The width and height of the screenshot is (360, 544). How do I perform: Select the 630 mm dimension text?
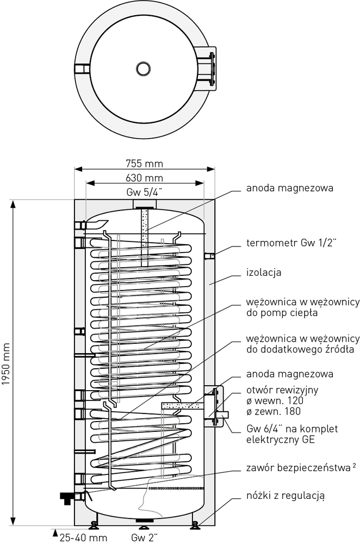pos(145,178)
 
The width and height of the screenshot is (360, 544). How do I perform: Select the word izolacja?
pos(263,272)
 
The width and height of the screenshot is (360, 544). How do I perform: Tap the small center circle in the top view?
pos(143,69)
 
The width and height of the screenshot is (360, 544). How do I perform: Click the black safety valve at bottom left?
pos(69,496)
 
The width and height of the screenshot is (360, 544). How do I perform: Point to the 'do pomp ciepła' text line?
pos(282,313)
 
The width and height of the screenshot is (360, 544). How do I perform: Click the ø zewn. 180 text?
pos(273,411)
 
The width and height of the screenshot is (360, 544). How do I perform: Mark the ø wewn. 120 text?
pos(273,400)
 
